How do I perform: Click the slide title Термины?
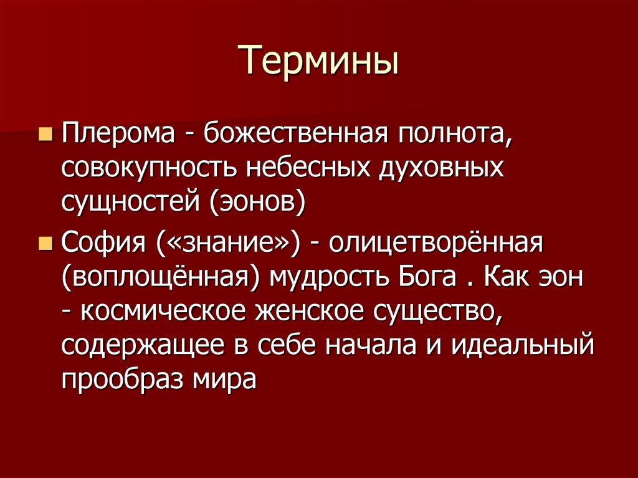pyautogui.click(x=318, y=61)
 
